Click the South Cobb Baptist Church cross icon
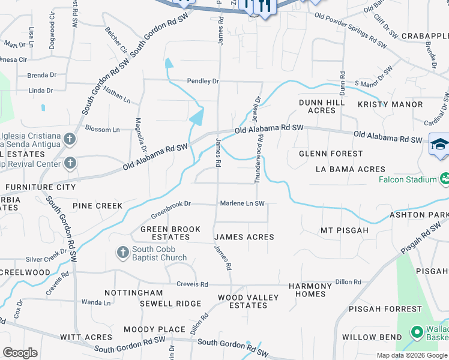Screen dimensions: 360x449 tap(123, 252)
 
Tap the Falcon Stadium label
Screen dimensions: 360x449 tap(407, 179)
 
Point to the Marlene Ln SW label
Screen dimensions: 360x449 tap(242, 203)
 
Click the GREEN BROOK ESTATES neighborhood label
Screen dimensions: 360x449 tap(165, 233)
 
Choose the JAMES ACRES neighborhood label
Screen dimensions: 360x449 tap(244, 238)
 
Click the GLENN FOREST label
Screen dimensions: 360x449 tap(331, 154)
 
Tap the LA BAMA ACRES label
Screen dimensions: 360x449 tap(351, 169)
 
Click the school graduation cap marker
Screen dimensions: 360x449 tap(439, 145)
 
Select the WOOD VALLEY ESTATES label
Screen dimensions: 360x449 tap(248, 301)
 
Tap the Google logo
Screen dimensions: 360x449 tap(20, 353)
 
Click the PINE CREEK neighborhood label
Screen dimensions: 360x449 tap(97, 206)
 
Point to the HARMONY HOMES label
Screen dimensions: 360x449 tap(310, 290)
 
